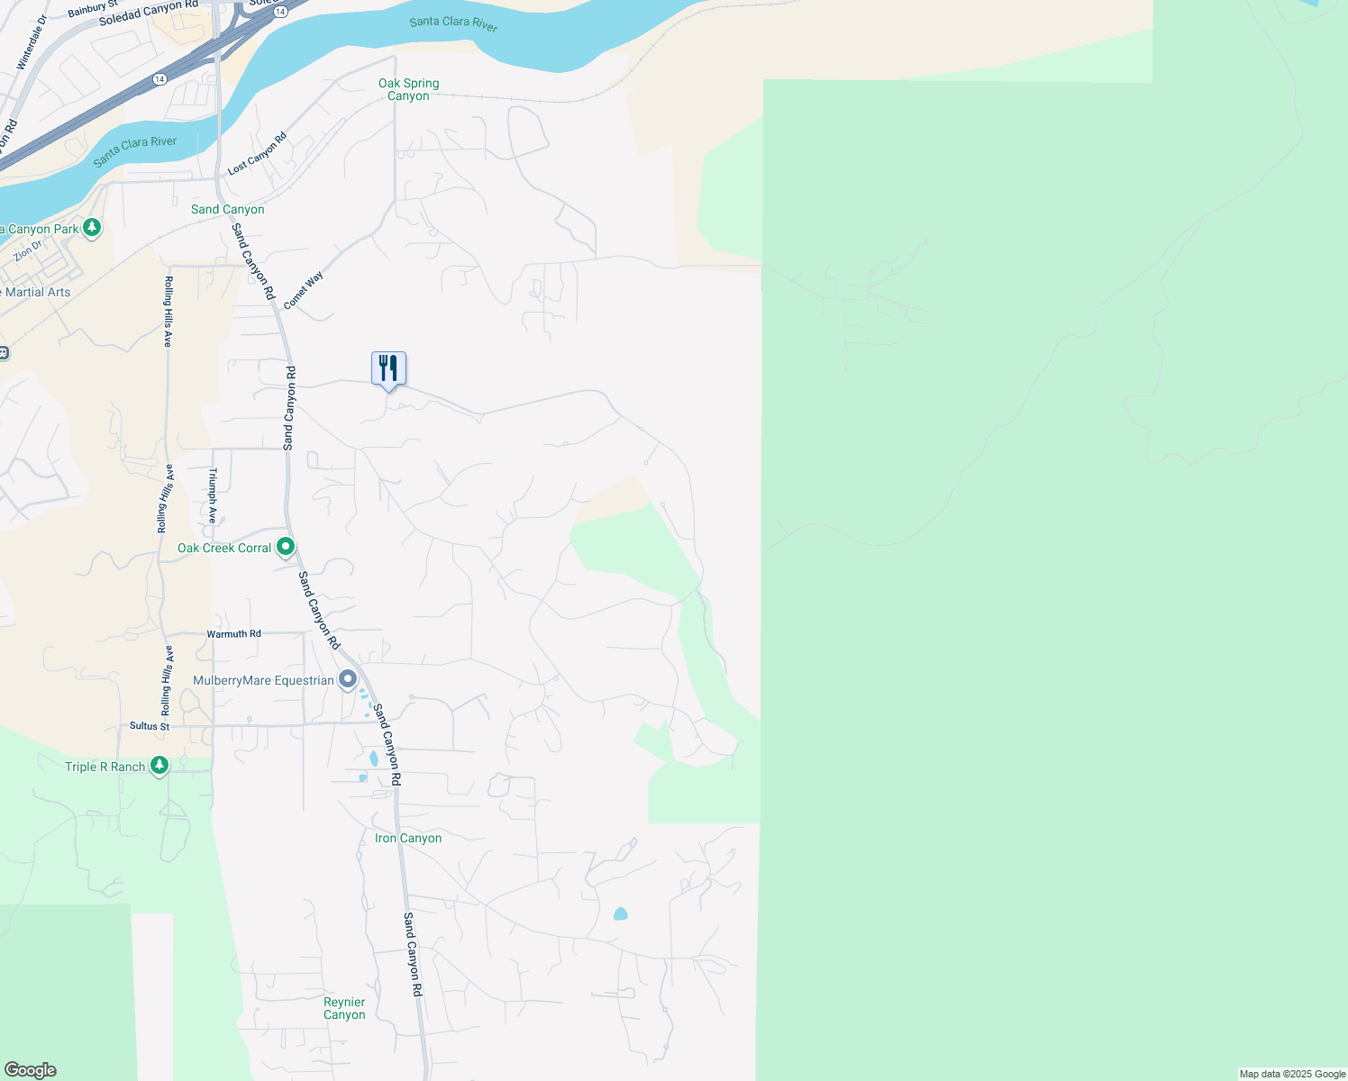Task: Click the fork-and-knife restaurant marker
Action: [388, 368]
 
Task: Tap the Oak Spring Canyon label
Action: [409, 89]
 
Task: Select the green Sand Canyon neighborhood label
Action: [227, 209]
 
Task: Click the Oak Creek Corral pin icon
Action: [286, 547]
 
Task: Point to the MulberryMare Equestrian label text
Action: [263, 680]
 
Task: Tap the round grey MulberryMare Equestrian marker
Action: [348, 679]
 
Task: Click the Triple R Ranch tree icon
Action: [159, 766]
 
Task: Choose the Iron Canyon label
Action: [408, 838]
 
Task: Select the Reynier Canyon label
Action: [344, 1008]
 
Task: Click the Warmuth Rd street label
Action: [233, 634]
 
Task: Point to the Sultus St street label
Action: [150, 726]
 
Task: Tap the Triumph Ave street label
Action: [213, 495]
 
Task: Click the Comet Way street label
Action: [303, 291]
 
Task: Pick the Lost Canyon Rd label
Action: [257, 153]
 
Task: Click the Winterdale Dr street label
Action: [32, 42]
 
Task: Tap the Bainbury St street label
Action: [92, 10]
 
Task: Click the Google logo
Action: [30, 1070]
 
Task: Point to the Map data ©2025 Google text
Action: [1292, 1074]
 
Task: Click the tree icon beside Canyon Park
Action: [92, 228]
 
